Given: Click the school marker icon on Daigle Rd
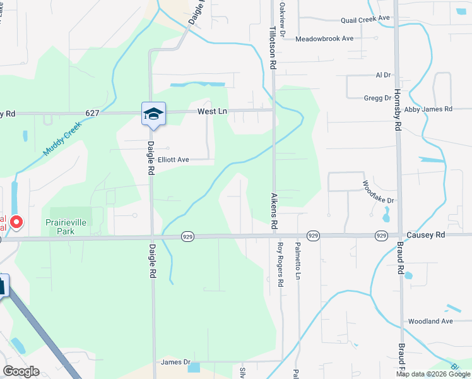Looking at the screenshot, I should (x=153, y=114).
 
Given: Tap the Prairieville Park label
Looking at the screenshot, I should (x=69, y=227).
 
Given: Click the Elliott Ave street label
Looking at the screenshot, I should (x=174, y=160).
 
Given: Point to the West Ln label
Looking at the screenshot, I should (x=211, y=111).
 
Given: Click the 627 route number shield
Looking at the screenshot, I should (x=93, y=113).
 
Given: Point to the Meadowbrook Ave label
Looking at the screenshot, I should (x=324, y=39).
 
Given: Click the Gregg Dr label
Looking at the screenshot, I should (x=377, y=98).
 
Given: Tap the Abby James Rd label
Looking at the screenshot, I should (x=428, y=109).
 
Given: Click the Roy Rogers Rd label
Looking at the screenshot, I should (x=280, y=265).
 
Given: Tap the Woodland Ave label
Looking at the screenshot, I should (x=430, y=322).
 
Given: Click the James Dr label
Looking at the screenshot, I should (x=175, y=362).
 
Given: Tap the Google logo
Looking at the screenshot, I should (x=21, y=371).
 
